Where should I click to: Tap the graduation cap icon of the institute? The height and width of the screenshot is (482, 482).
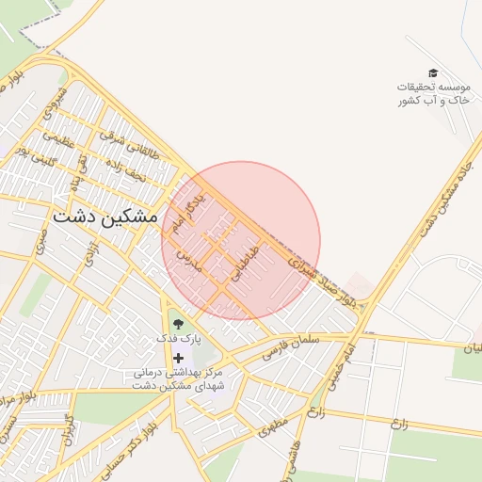[x=433, y=72]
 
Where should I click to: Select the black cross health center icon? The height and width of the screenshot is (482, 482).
[x=178, y=358]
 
